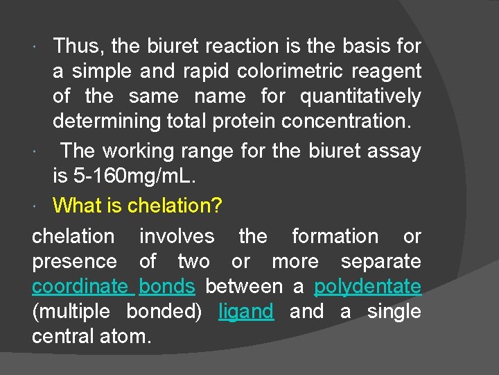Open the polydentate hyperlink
click(x=367, y=287)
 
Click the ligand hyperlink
click(x=246, y=312)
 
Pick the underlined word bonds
click(x=167, y=287)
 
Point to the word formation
click(x=335, y=237)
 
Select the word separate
click(x=380, y=262)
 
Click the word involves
click(x=177, y=237)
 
